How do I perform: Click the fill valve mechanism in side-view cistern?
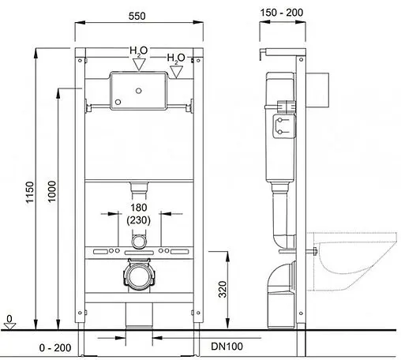pos(282,125)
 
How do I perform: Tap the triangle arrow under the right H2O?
pos(178,72)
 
